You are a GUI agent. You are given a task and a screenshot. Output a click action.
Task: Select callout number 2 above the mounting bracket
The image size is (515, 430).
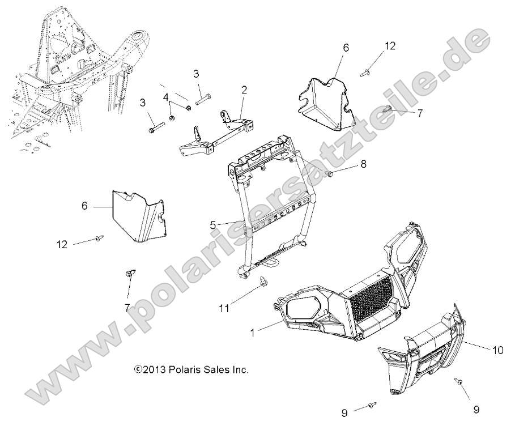pos(244,90)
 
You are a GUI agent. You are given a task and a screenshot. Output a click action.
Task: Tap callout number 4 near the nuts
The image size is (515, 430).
pos(166,97)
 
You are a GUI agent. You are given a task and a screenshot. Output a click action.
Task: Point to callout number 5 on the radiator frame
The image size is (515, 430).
pos(212,224)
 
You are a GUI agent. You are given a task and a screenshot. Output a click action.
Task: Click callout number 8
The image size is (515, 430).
pos(363,165)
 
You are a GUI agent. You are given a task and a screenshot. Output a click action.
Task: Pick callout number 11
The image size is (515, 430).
pos(225,308)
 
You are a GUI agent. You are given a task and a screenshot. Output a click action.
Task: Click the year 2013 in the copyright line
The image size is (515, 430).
pos(155,370)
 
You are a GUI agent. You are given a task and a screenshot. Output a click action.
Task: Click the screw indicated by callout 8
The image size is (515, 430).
pos(330,172)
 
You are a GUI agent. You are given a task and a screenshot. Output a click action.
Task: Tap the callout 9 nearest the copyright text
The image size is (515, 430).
pos(344,413)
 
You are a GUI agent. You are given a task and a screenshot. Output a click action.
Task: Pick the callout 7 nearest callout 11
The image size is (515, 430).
pos(127,308)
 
